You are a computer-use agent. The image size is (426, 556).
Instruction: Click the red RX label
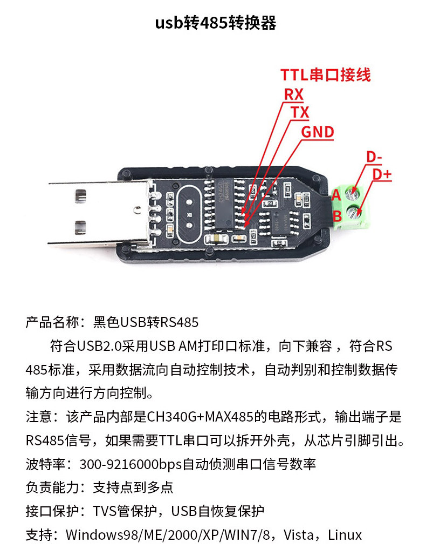pyautogui.click(x=294, y=94)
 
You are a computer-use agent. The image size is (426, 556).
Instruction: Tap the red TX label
pyautogui.click(x=300, y=113)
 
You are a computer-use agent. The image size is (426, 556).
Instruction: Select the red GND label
pyautogui.click(x=317, y=132)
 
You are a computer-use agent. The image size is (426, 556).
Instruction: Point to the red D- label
pyautogui.click(x=374, y=157)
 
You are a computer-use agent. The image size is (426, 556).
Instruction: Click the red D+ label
pyautogui.click(x=382, y=174)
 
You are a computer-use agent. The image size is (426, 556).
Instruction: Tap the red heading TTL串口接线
pyautogui.click(x=325, y=74)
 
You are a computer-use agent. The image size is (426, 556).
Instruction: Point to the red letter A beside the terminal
pyautogui.click(x=336, y=194)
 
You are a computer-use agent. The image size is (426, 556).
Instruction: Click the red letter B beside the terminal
pyautogui.click(x=336, y=216)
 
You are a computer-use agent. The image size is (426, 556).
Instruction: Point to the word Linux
pyautogui.click(x=345, y=535)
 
